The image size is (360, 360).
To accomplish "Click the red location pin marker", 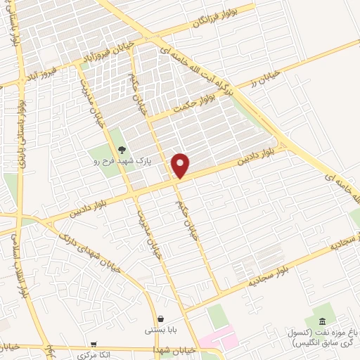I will click(181, 165).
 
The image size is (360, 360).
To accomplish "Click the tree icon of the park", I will click(121, 149).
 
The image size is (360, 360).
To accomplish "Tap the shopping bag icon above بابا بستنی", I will click(161, 319).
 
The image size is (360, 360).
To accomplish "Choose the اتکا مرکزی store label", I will click(94, 355).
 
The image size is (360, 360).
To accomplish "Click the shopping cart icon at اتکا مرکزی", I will click(94, 345).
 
